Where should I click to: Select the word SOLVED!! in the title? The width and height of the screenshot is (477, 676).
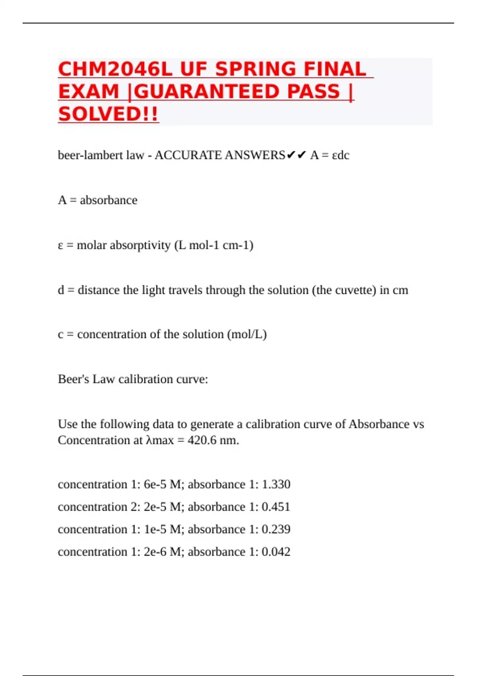(x=108, y=115)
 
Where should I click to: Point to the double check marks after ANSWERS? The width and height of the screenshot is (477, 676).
(x=296, y=155)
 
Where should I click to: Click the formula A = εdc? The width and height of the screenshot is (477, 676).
(x=330, y=155)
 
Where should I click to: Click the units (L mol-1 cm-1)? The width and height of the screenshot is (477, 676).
(x=214, y=245)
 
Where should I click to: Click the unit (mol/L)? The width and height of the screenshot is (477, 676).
(x=247, y=334)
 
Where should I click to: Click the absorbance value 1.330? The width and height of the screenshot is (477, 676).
(x=276, y=484)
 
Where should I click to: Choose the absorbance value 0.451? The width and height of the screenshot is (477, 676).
(x=276, y=507)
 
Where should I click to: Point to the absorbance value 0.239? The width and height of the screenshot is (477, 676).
(x=276, y=529)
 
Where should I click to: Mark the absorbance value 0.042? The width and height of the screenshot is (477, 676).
(x=276, y=552)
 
